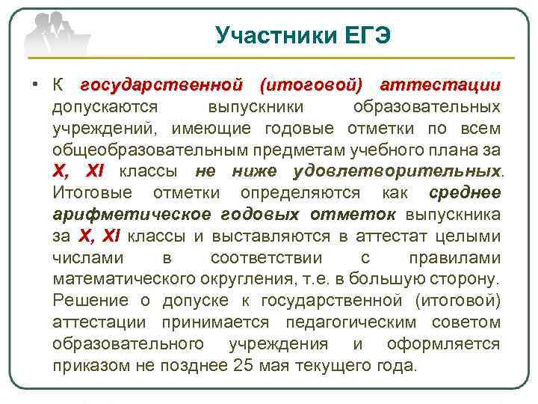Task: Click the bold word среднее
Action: point(465,193)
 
